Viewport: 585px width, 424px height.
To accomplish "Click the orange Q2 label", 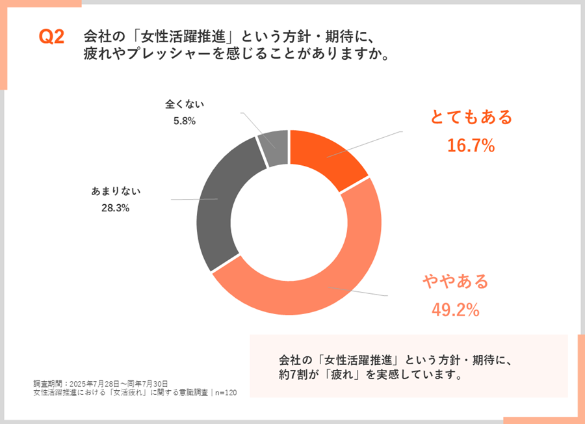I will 51,38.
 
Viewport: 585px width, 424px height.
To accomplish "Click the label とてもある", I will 471,117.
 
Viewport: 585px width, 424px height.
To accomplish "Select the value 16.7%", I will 471,146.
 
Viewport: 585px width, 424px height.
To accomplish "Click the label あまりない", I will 116,191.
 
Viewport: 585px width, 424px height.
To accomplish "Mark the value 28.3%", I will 116,208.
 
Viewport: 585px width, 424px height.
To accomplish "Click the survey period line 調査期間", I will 101,383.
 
